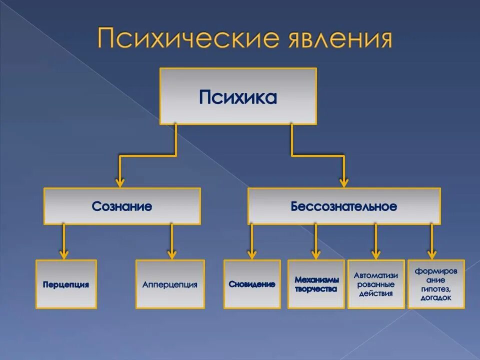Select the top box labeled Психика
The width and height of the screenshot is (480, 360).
point(238,96)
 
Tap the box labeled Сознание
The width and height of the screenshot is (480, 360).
point(122,206)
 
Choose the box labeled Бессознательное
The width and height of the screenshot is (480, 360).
point(344,206)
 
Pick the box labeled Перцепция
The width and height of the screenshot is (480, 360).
point(66,284)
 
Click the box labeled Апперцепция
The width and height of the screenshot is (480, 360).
point(170,284)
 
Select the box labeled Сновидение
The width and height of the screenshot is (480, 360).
point(252,284)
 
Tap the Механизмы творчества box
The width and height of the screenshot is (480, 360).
point(316,284)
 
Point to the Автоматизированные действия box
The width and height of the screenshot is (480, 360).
point(376,284)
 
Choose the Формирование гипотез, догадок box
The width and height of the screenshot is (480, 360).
point(436,284)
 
